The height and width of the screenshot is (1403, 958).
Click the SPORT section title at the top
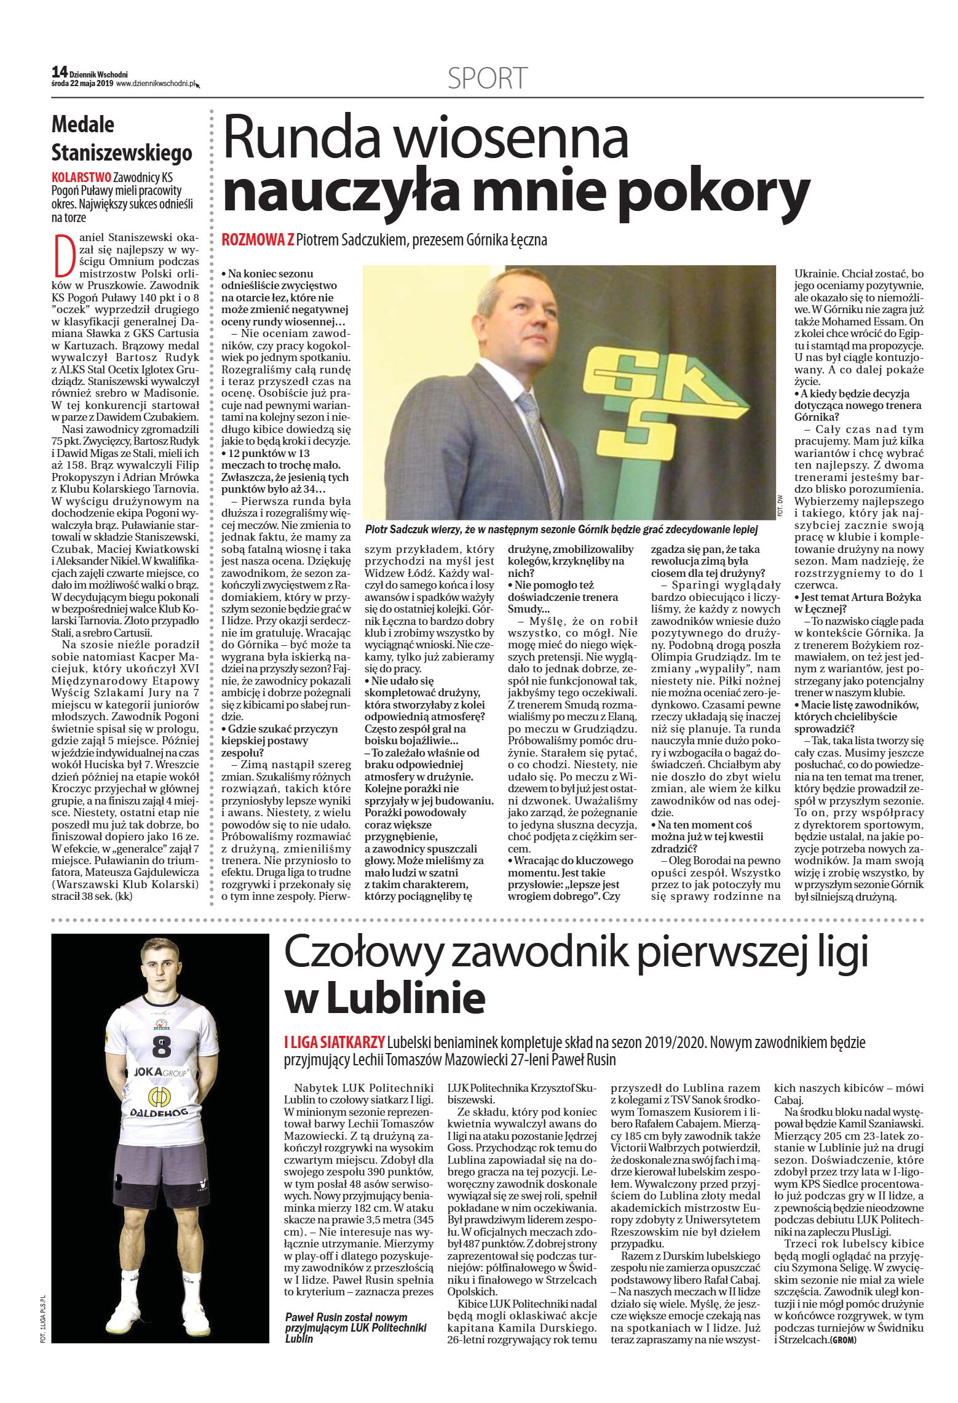487,79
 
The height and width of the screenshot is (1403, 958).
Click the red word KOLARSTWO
82,177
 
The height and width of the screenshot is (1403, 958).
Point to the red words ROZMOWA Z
258,240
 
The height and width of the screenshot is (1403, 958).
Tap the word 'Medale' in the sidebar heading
83,124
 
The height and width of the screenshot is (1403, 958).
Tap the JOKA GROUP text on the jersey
161,1071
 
